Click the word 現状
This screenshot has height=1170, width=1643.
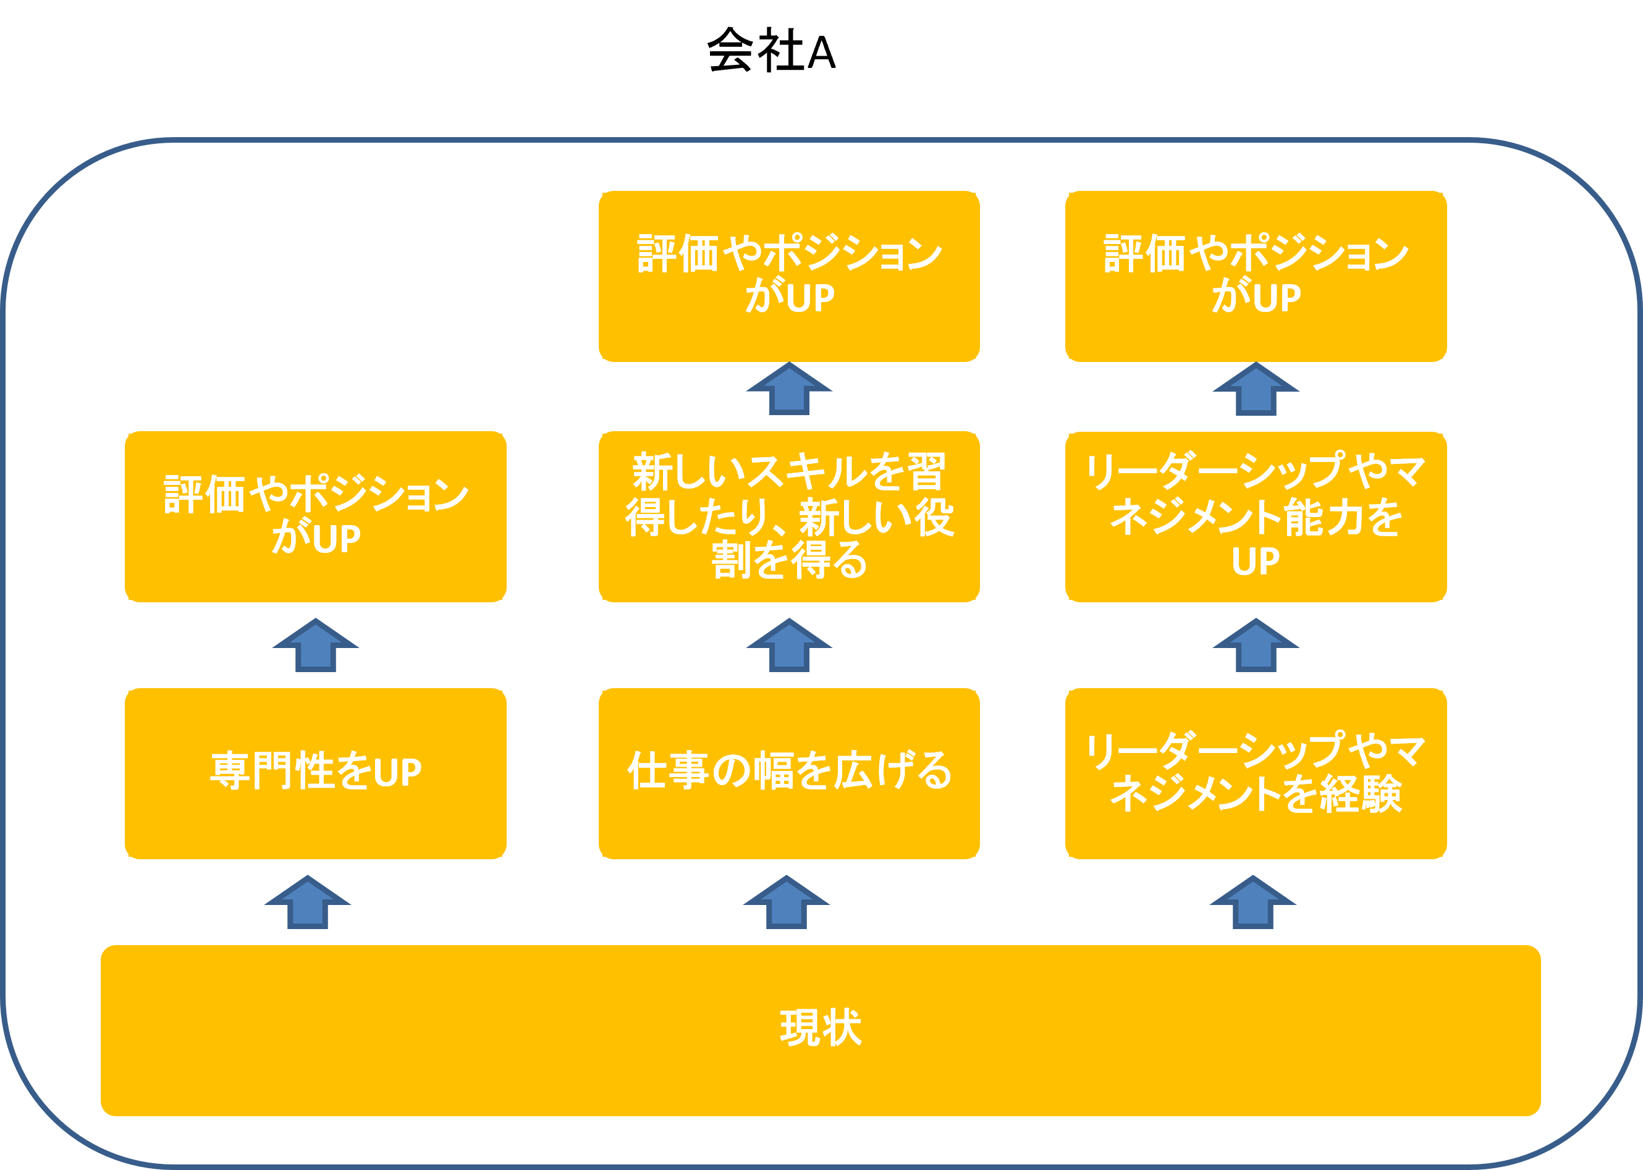tap(821, 1027)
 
